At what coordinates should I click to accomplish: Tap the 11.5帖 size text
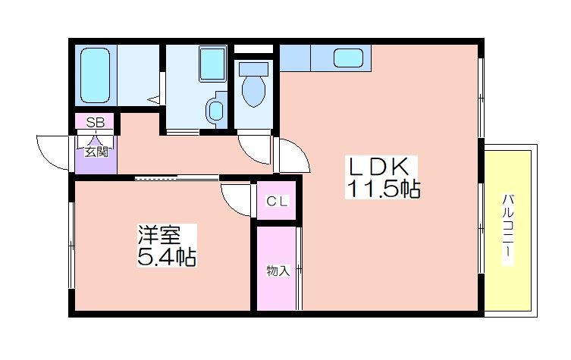tap(384, 189)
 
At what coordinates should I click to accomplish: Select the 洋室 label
tap(159, 235)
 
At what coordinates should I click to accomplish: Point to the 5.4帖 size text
tap(166, 257)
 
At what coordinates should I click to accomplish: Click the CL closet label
tap(277, 202)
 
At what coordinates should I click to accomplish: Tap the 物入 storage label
tap(278, 271)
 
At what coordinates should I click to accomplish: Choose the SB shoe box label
tap(95, 122)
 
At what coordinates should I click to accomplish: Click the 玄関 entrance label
tap(96, 152)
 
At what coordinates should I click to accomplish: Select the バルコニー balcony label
tap(508, 230)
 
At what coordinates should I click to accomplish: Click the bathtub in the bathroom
tap(95, 75)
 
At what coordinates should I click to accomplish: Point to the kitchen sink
tap(349, 58)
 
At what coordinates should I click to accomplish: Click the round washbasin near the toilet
tap(216, 110)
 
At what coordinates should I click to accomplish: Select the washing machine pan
tap(212, 64)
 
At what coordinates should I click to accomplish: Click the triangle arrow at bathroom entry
tap(154, 99)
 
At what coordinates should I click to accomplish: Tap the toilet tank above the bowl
tap(253, 68)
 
